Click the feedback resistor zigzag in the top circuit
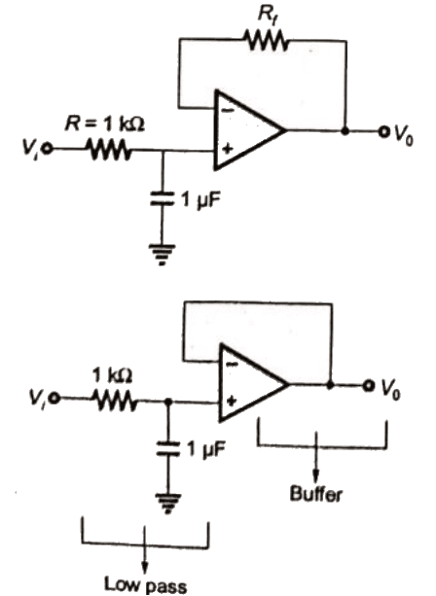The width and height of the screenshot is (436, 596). click(265, 40)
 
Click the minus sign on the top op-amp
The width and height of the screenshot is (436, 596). click(227, 108)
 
